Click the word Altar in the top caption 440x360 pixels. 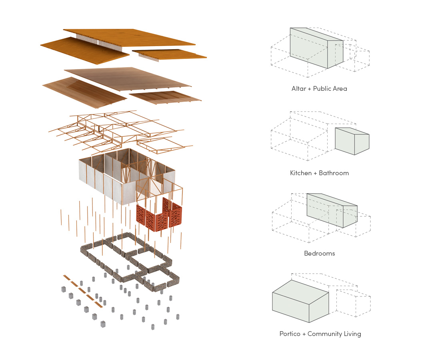[298, 88]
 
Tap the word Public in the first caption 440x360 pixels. [322, 88]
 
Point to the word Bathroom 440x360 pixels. [334, 173]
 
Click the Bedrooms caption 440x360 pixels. [319, 254]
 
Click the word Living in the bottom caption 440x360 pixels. [352, 334]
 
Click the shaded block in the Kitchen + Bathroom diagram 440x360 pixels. [352, 141]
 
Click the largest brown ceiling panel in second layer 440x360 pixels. [128, 78]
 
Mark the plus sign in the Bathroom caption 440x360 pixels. [317, 173]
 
